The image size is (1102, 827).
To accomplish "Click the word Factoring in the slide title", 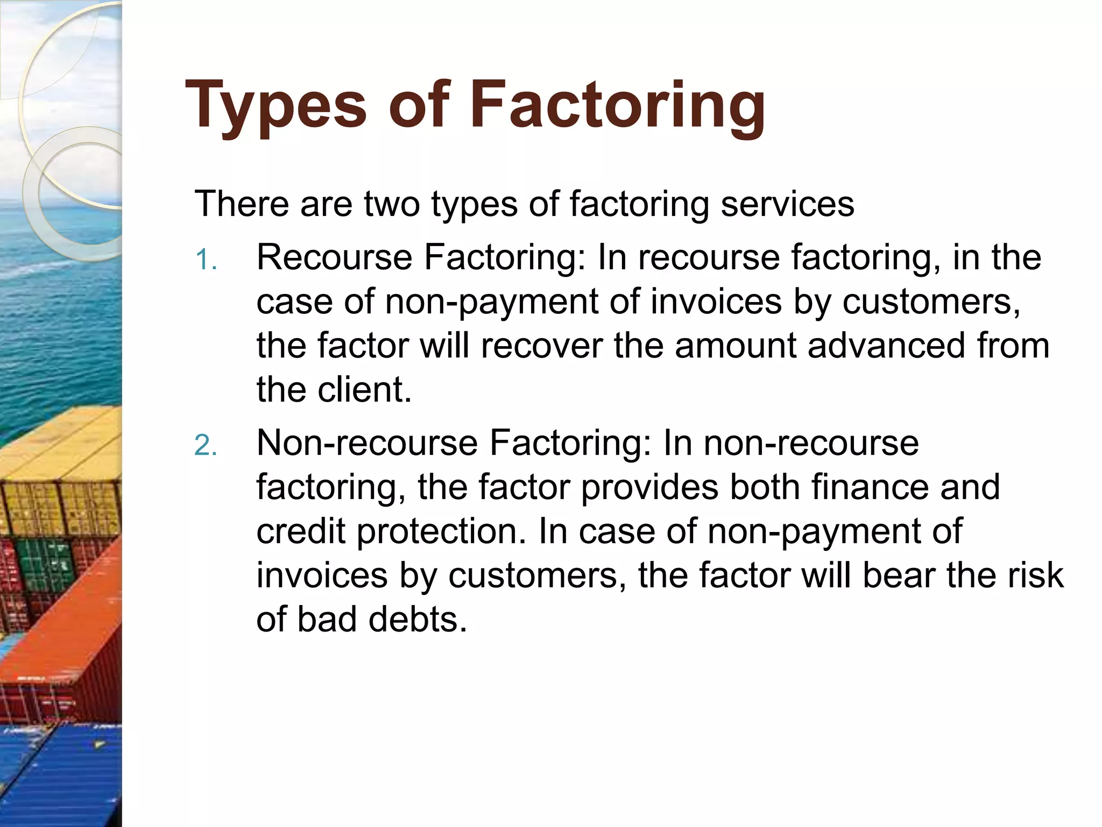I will [x=617, y=106].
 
